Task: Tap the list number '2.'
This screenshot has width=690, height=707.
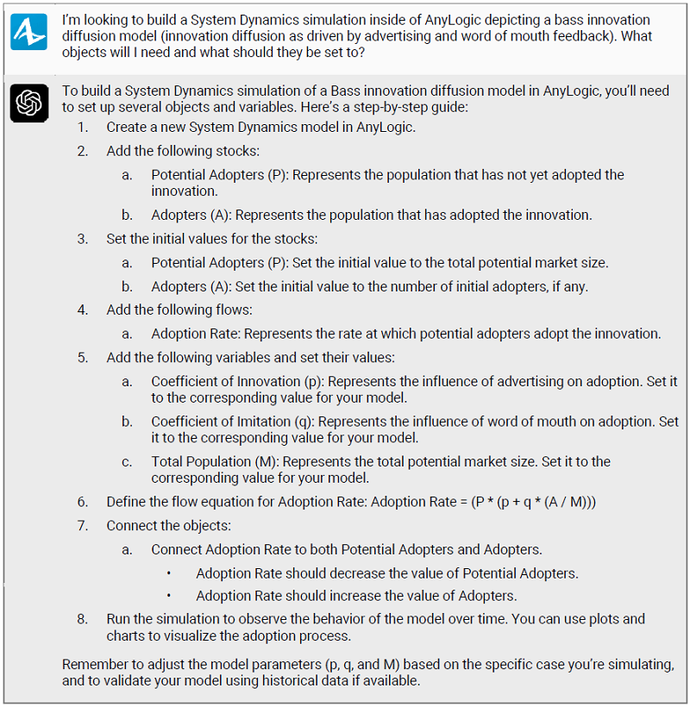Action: point(82,151)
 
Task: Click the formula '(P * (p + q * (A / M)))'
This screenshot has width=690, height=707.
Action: point(518,502)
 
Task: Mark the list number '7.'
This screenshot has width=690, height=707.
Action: point(82,525)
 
